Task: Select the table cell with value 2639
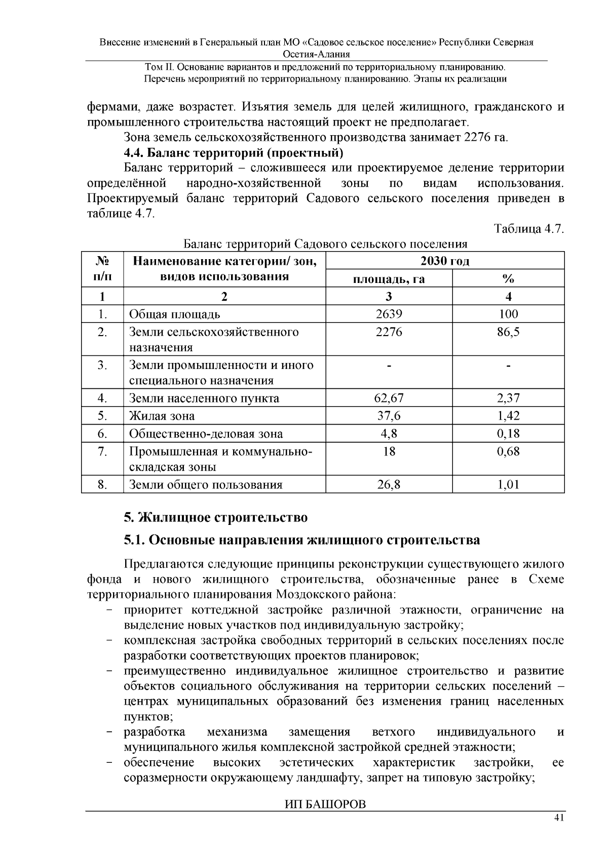(389, 314)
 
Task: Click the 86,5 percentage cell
(508, 332)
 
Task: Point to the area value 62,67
(389, 398)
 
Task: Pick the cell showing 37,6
(389, 416)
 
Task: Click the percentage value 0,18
(508, 434)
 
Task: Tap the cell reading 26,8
(389, 485)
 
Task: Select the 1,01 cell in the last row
(508, 485)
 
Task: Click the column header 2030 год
(445, 261)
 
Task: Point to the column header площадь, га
(389, 279)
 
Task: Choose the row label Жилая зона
(162, 416)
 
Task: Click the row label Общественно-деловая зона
(206, 434)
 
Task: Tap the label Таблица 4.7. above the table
(529, 229)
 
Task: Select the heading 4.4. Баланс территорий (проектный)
(234, 152)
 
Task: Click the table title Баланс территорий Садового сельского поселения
(325, 244)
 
